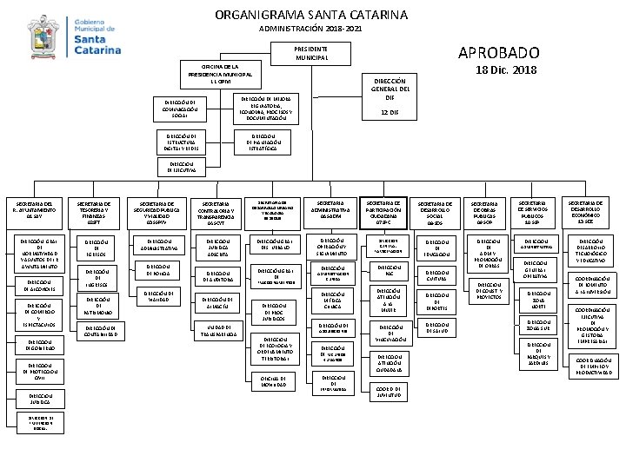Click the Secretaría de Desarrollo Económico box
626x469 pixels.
point(593,208)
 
